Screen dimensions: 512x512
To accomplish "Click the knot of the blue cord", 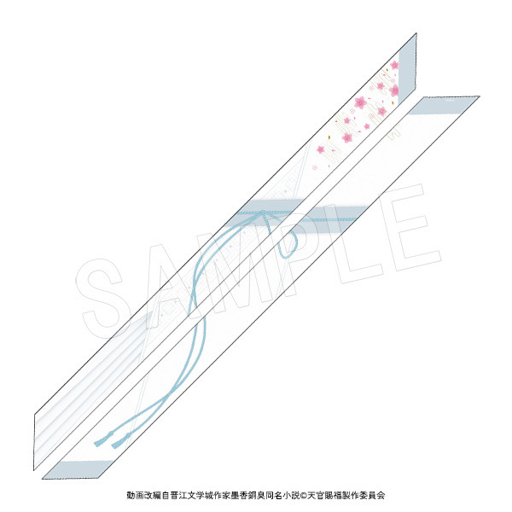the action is pos(263,213).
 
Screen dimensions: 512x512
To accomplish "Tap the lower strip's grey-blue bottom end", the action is pos(78,469).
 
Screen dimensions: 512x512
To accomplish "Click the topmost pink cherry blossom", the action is pos(394,65).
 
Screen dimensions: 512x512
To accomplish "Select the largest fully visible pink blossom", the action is pos(360,102).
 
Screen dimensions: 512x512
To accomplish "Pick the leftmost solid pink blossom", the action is pos(320,149).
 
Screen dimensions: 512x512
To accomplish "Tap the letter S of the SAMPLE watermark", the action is pos(102,298).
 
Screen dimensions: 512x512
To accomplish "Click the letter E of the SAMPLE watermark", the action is pos(410,228).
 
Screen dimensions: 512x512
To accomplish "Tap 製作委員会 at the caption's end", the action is pos(364,495).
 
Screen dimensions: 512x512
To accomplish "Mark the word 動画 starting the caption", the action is pos(136,495).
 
